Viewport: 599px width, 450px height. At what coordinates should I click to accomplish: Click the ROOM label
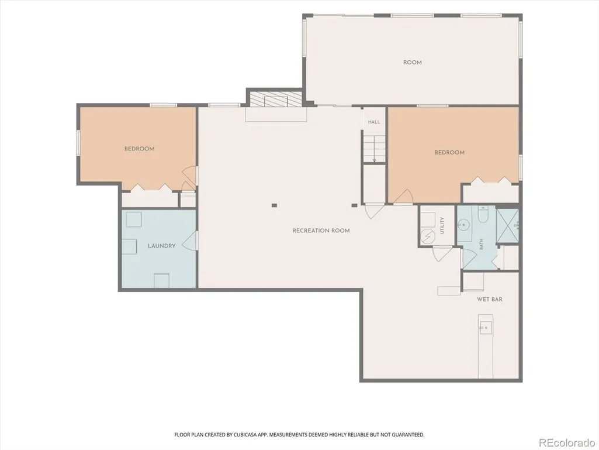pos(412,63)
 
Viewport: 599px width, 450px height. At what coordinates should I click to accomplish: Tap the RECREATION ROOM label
pos(321,231)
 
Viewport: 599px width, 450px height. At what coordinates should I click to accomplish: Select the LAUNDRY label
pos(162,246)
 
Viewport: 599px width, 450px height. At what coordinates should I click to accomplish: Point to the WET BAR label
pos(489,299)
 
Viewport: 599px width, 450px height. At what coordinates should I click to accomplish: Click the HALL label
pos(374,122)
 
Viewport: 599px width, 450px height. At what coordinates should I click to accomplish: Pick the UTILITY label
pos(442,225)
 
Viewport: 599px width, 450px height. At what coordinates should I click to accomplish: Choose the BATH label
pos(482,244)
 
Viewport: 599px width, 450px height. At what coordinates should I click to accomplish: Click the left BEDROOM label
pos(139,149)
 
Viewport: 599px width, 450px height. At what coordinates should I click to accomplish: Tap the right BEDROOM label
pos(449,153)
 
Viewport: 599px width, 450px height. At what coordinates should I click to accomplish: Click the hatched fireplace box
pos(276,99)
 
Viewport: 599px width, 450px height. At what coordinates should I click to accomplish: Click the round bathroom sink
pos(464,225)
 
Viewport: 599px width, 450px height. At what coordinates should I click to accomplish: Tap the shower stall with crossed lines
pos(507,226)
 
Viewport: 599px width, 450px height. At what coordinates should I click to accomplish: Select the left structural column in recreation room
pos(274,205)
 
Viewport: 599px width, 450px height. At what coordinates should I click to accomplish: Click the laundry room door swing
pos(190,241)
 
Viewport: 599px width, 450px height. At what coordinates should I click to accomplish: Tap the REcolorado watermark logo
pos(566,442)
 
